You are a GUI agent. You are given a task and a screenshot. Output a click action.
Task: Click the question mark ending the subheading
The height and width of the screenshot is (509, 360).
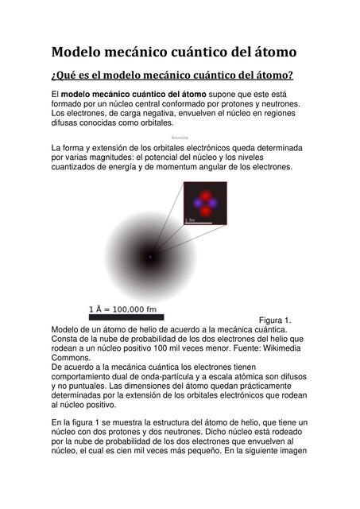[x=291, y=76]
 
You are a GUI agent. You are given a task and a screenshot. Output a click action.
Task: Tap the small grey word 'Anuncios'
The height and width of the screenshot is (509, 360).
[x=180, y=138]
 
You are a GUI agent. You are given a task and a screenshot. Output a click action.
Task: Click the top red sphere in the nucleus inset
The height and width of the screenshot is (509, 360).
[x=205, y=195]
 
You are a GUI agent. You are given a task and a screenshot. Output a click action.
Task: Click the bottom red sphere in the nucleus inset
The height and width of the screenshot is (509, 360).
[x=205, y=212]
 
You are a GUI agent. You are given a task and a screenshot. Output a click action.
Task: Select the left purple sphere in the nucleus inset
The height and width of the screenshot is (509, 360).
[x=197, y=204]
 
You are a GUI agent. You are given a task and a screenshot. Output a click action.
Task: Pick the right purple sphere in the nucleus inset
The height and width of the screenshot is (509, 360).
[x=213, y=204]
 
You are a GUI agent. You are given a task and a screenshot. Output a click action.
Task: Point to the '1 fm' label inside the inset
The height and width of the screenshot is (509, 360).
[x=191, y=220]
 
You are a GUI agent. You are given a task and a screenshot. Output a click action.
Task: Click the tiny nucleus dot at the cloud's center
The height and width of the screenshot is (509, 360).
[x=149, y=256]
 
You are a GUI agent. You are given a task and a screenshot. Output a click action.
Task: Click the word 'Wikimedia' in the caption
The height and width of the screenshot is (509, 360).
[x=278, y=348]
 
